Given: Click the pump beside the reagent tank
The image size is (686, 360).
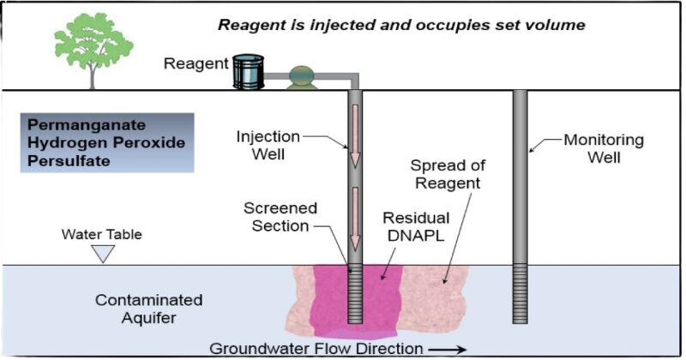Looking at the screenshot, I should [302, 77].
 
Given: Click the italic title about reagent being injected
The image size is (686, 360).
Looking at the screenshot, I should [401, 24].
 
